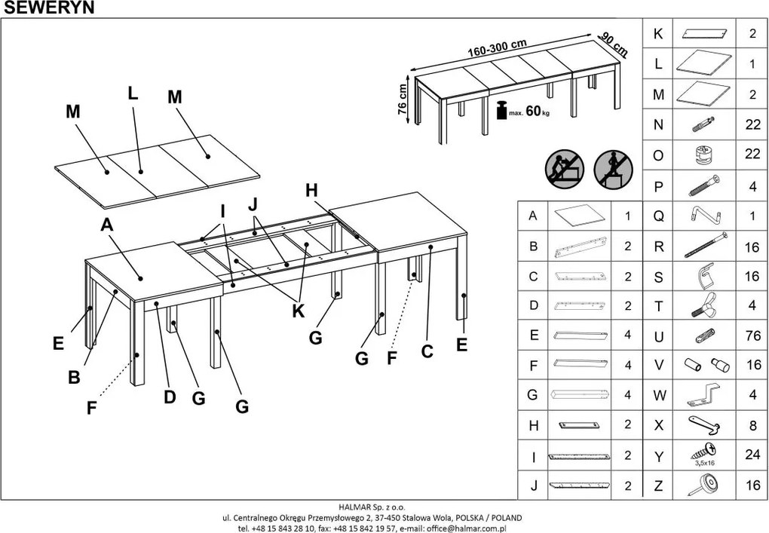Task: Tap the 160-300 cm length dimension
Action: click(x=497, y=47)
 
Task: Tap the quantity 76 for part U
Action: click(x=752, y=336)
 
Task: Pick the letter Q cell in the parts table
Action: click(x=658, y=216)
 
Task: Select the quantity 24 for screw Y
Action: click(x=752, y=456)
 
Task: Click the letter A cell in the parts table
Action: click(x=534, y=216)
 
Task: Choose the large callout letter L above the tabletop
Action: click(x=133, y=93)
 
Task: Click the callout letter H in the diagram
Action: click(x=311, y=191)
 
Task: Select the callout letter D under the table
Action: click(x=170, y=397)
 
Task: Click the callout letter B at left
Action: click(x=74, y=377)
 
